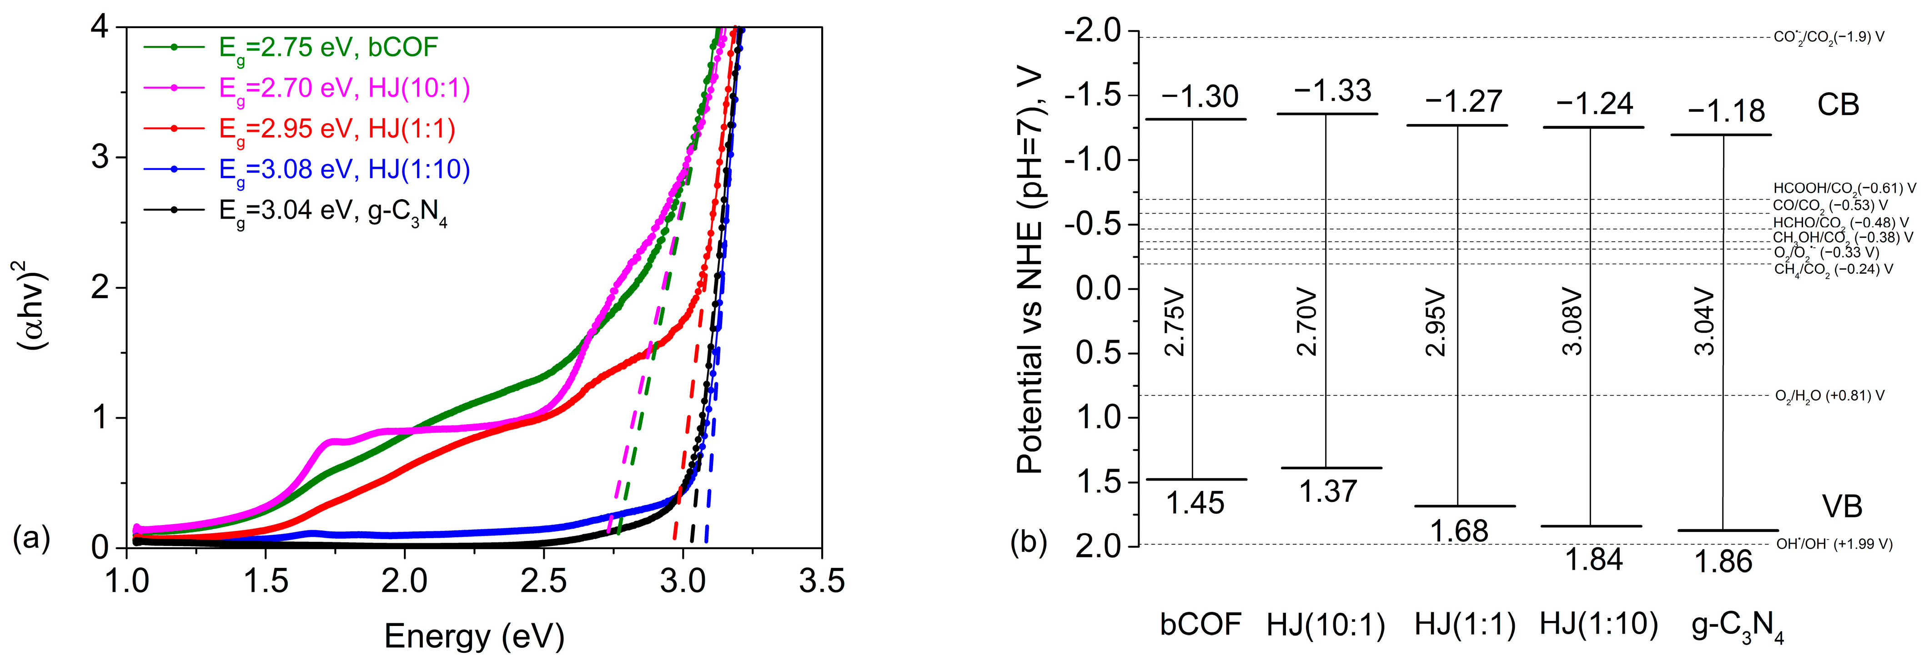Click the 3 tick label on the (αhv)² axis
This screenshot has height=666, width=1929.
click(x=100, y=158)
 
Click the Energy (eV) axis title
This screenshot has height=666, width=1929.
click(x=474, y=636)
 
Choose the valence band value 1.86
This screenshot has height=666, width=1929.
click(x=1723, y=561)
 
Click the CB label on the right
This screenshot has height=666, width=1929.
click(x=1838, y=105)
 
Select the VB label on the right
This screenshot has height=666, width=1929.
click(x=1841, y=506)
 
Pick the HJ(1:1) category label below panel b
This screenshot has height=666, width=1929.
click(x=1465, y=623)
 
